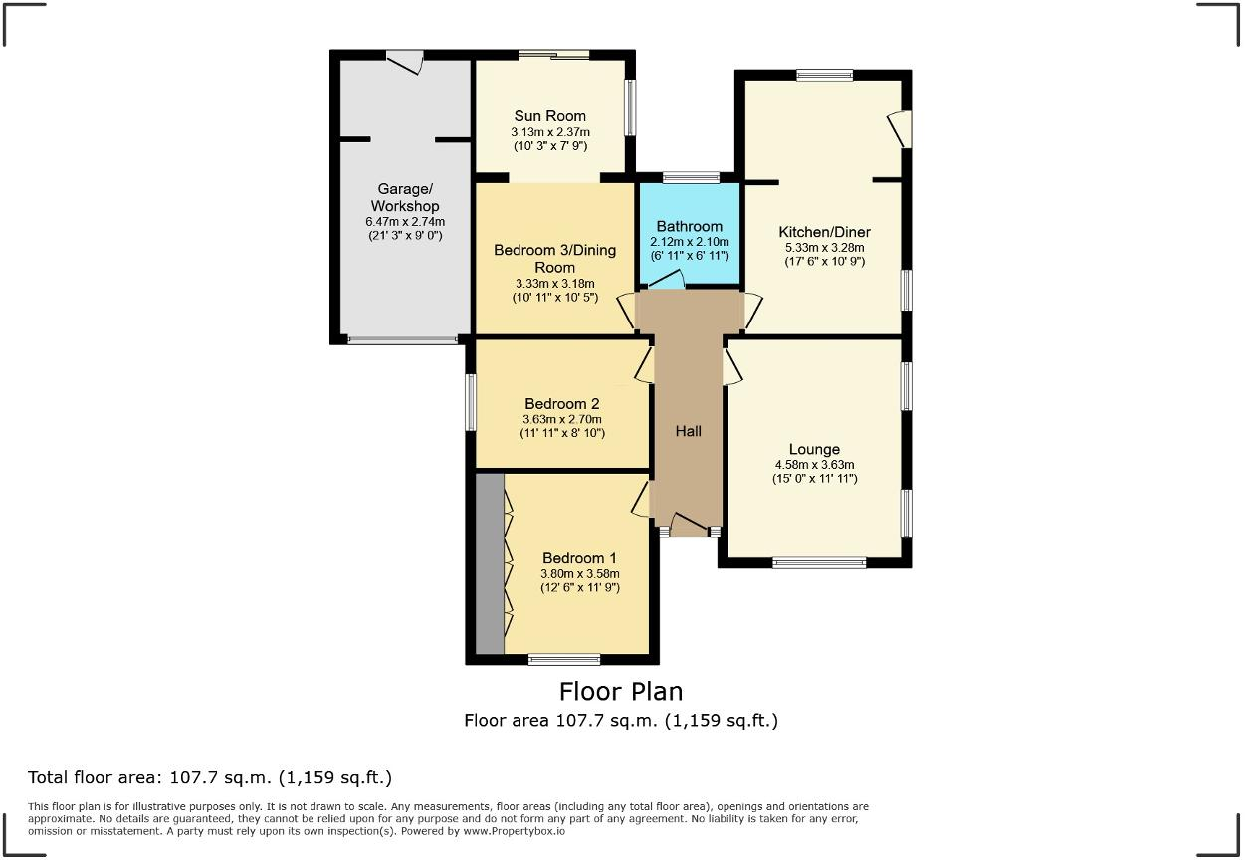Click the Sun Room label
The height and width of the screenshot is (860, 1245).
click(549, 116)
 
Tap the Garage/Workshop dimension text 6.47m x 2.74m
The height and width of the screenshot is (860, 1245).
click(405, 222)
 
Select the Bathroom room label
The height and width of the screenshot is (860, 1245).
click(690, 226)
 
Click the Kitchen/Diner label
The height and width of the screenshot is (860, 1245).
click(824, 232)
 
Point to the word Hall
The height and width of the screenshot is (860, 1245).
click(688, 431)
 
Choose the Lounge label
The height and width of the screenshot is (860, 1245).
click(814, 449)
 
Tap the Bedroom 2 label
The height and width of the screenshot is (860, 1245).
click(562, 403)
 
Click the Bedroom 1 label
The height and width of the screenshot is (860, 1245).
click(579, 558)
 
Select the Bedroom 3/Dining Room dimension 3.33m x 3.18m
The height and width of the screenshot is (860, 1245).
click(554, 284)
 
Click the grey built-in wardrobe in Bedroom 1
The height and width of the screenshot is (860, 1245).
click(490, 563)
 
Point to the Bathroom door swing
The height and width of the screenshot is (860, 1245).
click(667, 279)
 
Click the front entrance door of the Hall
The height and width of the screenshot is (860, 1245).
click(689, 525)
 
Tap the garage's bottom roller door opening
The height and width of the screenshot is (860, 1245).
click(402, 339)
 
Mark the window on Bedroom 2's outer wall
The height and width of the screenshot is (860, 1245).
click(471, 402)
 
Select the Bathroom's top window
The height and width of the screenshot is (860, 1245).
click(691, 177)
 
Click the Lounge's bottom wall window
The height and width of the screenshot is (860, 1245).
click(819, 562)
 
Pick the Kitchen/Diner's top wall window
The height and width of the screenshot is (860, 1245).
click(824, 75)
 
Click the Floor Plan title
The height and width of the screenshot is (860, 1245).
click(621, 692)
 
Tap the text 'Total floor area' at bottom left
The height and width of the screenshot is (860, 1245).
click(94, 777)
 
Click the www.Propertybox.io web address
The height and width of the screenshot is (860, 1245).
click(515, 832)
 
